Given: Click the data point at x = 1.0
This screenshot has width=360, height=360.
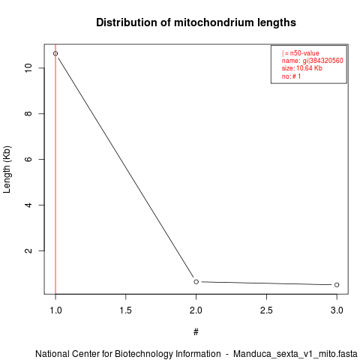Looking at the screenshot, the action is [55, 53].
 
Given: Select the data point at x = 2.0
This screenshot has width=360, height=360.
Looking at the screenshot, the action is [196, 282].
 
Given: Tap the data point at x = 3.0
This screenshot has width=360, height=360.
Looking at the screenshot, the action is [337, 285].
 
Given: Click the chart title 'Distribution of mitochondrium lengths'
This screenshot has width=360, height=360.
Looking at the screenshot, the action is [196, 22].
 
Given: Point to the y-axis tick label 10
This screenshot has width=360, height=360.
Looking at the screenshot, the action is [28, 68].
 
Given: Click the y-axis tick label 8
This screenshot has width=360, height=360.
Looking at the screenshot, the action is [28, 114].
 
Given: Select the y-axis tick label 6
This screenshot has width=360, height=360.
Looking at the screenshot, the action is [28, 159].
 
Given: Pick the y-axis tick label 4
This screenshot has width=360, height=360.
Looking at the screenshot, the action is [28, 205].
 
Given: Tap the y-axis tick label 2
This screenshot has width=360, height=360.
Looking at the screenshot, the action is [28, 250].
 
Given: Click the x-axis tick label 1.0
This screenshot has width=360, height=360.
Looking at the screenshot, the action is [55, 310].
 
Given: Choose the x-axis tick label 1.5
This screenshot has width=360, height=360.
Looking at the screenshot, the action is [126, 310].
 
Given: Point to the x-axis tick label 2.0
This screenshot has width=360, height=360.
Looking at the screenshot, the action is [196, 310].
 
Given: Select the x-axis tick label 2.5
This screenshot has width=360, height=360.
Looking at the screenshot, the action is [266, 310].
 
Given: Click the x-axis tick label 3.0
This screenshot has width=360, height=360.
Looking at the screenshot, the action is [337, 310].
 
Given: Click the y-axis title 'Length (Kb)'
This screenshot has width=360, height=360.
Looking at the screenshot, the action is [7, 169].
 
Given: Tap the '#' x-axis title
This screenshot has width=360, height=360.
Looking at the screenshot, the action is [196, 332].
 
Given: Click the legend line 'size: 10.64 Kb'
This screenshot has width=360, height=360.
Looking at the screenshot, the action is [302, 68].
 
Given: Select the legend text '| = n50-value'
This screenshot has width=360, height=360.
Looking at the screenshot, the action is [301, 53].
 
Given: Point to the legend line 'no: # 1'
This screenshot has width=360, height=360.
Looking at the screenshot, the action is [291, 76].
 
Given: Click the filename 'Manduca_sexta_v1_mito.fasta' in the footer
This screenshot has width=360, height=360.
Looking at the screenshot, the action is [295, 354].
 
